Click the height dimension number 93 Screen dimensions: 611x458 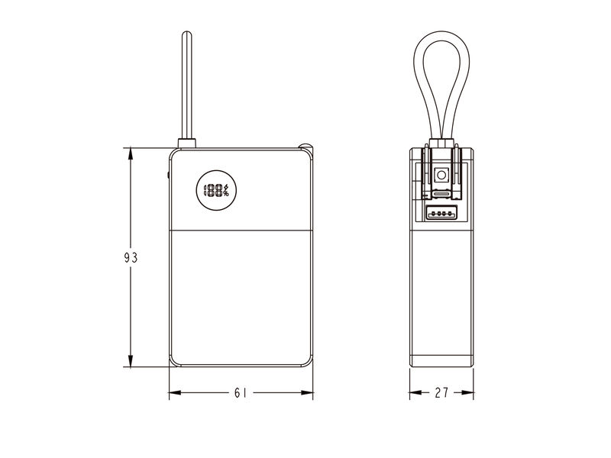(x=131, y=257)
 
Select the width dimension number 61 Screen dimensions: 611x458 (x=241, y=392)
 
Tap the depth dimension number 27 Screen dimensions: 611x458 (x=441, y=392)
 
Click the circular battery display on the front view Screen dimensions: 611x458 (x=216, y=190)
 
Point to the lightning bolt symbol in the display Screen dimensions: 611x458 (x=225, y=187)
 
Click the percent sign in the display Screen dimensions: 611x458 (x=226, y=194)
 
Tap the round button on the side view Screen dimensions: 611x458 (x=441, y=175)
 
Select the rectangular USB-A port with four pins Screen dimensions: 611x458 (x=441, y=213)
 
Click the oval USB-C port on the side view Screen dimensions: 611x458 (x=441, y=194)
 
